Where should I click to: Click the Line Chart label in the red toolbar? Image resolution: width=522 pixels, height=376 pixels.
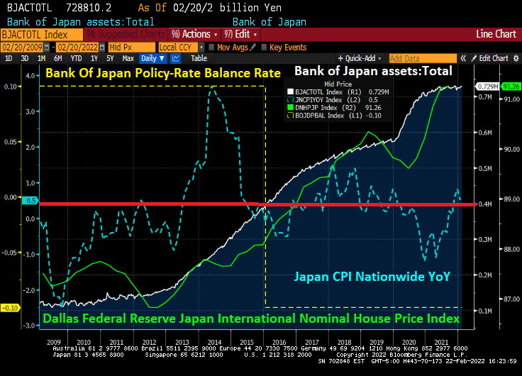click(x=496, y=34)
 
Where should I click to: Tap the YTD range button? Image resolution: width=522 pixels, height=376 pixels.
click(x=77, y=58)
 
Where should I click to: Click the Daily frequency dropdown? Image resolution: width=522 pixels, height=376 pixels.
click(x=152, y=58)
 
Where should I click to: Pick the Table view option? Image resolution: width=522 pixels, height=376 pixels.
click(x=199, y=58)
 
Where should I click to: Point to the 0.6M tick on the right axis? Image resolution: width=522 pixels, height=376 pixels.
click(x=485, y=133)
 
